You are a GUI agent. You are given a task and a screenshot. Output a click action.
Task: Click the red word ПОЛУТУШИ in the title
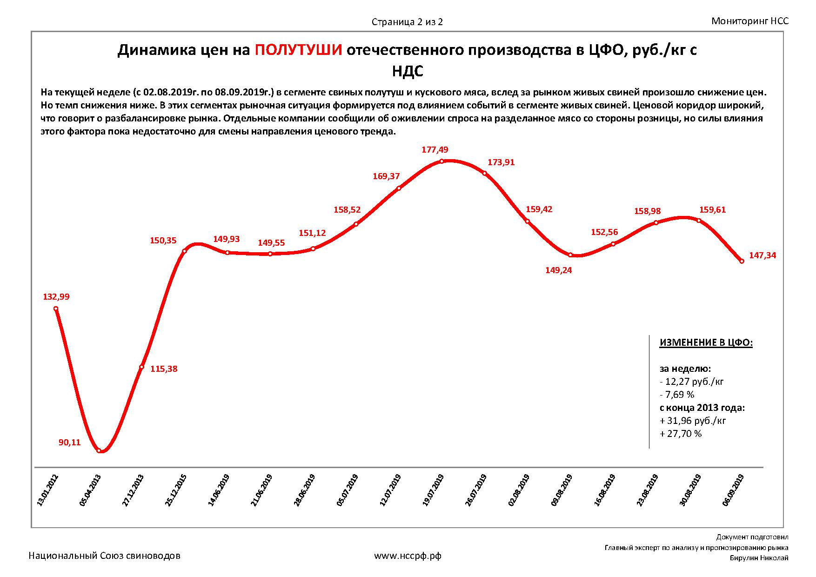coord(299,50)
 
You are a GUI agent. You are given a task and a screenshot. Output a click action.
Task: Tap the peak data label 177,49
coord(435,150)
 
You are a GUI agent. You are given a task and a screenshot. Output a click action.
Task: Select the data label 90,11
coord(69,443)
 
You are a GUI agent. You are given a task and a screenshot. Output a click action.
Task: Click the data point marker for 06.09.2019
coord(742,262)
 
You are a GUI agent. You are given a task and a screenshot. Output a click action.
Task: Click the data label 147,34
coord(762,255)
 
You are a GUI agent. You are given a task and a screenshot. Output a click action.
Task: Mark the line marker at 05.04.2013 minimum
coord(99,450)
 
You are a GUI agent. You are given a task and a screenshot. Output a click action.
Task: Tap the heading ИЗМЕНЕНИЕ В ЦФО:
coord(706,343)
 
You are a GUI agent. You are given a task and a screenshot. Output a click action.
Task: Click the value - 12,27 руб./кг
coord(692,382)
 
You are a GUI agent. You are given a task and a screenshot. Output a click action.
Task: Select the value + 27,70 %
coord(681,434)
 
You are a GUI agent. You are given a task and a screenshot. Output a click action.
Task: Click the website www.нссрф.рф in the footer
coord(408,556)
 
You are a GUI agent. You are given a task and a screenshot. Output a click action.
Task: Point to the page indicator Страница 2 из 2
coord(407,22)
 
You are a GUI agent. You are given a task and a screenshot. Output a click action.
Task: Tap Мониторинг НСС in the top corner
coord(750,21)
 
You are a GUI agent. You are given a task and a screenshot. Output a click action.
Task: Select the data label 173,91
coord(501,163)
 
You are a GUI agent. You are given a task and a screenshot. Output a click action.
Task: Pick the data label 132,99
coord(56,297)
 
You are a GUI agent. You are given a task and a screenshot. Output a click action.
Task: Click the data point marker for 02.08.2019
coord(528,221)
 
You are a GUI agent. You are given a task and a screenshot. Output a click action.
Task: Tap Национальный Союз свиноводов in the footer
coord(105,556)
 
